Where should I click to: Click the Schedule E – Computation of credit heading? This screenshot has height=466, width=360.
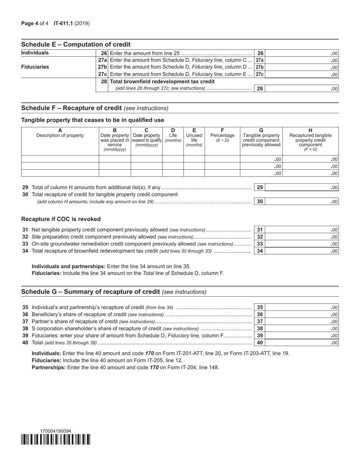[x=76, y=44]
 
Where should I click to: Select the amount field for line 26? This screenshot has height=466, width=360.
[x=302, y=53]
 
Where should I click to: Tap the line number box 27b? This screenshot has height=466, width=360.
[x=260, y=67]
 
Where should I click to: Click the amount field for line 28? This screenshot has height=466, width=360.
[x=302, y=89]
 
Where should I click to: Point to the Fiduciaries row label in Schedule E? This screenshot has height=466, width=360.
[x=35, y=67]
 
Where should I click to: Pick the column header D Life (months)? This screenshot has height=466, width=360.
[x=173, y=135]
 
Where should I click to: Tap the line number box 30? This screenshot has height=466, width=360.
[x=260, y=202]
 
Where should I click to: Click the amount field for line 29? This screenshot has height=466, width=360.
[x=302, y=188]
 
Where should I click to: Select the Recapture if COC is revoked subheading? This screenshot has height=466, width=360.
[x=61, y=219]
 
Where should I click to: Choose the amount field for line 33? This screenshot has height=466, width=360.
[x=302, y=244]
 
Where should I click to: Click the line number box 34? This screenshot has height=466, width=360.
[x=260, y=251]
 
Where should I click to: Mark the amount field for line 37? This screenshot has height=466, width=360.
[x=302, y=322]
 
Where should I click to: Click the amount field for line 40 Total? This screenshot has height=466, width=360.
[x=302, y=343]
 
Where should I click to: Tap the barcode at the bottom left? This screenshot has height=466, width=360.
[x=56, y=439]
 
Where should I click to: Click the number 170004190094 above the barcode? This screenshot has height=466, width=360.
[x=55, y=431]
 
